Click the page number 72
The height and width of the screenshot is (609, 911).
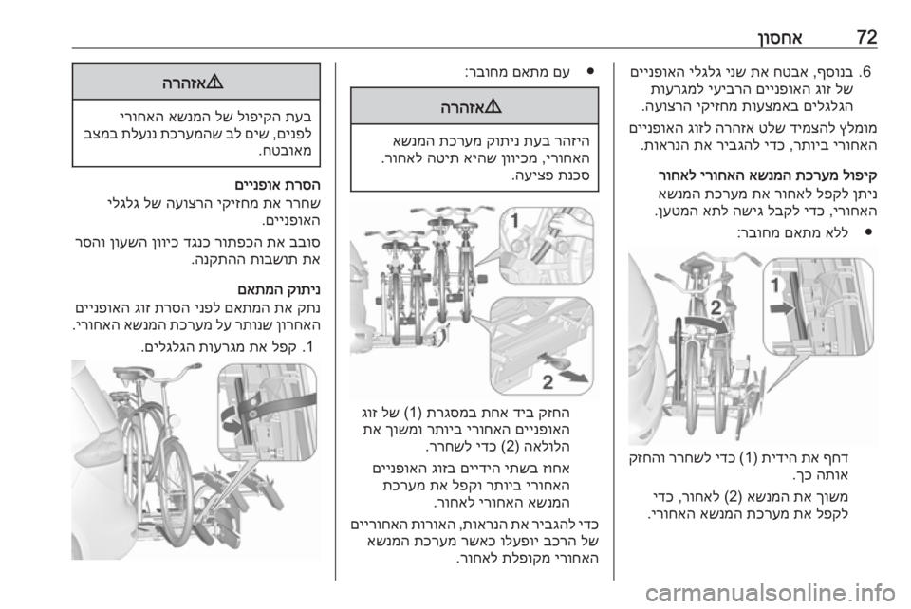(866, 38)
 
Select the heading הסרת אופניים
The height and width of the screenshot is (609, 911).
(277, 185)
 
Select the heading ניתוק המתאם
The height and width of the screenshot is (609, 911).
(279, 288)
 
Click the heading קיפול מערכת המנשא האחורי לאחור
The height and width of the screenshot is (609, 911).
(768, 175)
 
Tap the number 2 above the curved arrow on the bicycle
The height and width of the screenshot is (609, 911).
(716, 307)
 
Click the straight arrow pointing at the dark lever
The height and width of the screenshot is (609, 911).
(781, 307)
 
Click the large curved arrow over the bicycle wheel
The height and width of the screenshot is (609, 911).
(706, 325)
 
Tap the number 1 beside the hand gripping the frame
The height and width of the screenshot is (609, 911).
(514, 220)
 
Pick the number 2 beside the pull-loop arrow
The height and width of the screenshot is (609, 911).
(548, 382)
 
